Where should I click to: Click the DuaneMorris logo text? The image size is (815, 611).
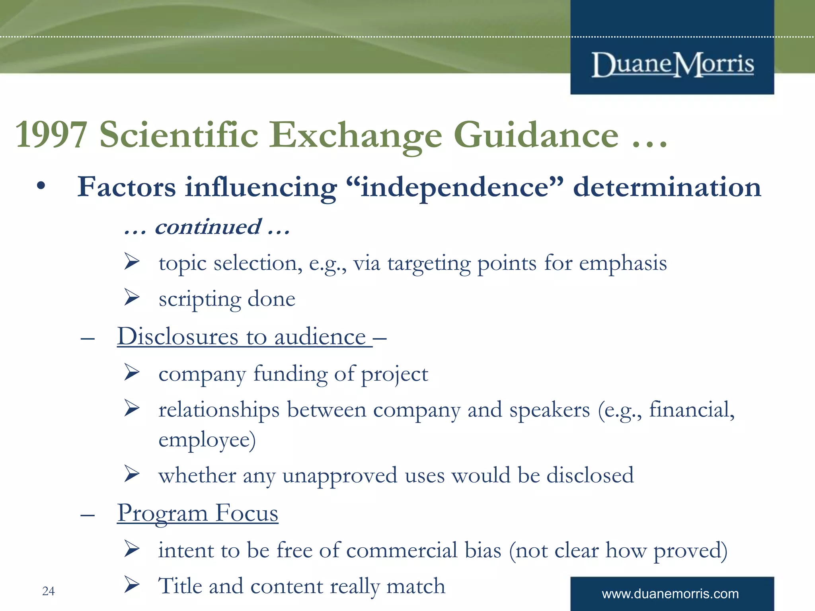click(x=672, y=64)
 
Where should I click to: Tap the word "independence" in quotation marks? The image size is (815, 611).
click(x=455, y=187)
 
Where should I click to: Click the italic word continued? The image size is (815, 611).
click(x=208, y=227)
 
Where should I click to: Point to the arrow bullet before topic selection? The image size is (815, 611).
click(x=132, y=261)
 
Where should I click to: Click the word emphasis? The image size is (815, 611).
click(x=622, y=263)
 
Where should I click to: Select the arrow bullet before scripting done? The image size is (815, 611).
click(x=132, y=297)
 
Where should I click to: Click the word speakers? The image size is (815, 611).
click(x=549, y=410)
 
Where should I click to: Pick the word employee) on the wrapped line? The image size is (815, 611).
click(x=207, y=440)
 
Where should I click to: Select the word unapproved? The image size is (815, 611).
click(x=340, y=476)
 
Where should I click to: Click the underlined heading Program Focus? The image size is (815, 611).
click(x=197, y=513)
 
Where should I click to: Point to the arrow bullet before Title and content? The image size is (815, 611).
click(x=132, y=584)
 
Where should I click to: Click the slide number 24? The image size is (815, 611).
click(x=49, y=591)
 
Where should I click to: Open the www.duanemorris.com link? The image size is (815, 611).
click(x=670, y=594)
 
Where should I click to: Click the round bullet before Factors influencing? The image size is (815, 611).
click(x=41, y=186)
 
